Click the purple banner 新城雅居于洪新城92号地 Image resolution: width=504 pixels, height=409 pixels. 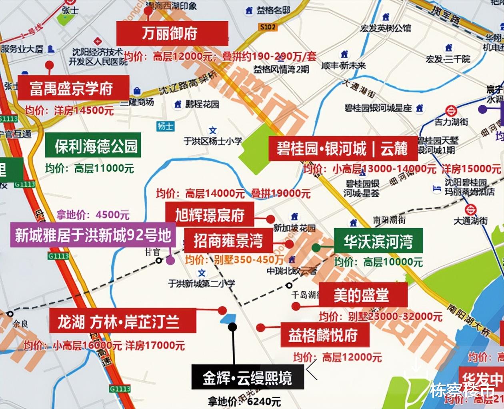[x=93, y=235]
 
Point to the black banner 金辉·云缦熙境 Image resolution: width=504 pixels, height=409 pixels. [x=248, y=378]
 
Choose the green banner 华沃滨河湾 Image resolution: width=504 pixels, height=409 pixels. [x=378, y=241]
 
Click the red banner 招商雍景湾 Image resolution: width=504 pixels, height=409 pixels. [x=228, y=241]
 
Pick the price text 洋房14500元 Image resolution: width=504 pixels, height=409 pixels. [x=84, y=111]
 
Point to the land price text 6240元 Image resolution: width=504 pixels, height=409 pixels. [x=264, y=401]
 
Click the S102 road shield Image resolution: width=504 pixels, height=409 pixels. [x=268, y=27]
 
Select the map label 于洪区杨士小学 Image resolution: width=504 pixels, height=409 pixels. [x=213, y=141]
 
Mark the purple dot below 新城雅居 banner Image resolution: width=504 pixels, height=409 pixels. [x=170, y=261]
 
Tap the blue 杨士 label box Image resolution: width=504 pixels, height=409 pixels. [x=165, y=126]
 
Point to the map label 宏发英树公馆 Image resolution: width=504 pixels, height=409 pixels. [x=385, y=28]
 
